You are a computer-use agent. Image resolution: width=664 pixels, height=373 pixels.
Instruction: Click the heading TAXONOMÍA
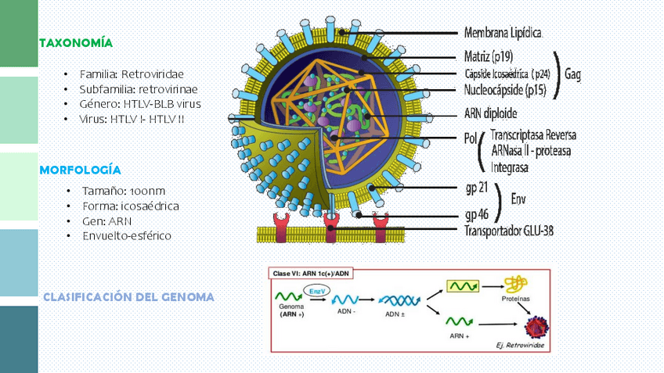coord(76,42)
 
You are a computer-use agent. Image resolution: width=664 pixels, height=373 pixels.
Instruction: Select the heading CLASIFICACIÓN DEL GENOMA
coord(128,298)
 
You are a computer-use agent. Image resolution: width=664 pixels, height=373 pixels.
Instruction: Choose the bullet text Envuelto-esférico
coord(126,235)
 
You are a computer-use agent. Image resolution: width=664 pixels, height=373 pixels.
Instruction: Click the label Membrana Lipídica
coord(503,34)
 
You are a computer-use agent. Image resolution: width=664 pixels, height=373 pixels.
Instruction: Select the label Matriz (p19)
coord(489,57)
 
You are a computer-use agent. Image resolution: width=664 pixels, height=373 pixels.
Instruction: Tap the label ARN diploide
coord(496,112)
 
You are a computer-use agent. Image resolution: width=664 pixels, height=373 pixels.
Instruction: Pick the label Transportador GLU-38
coord(514,231)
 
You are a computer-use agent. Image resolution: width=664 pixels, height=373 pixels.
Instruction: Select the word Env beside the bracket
coord(518,200)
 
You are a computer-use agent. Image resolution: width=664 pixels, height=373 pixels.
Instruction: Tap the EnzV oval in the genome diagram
coord(316,291)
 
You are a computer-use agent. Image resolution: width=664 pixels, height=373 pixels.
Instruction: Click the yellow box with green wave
coord(463,287)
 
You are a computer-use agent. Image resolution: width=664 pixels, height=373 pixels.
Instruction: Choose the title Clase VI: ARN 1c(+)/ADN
coord(310,273)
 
